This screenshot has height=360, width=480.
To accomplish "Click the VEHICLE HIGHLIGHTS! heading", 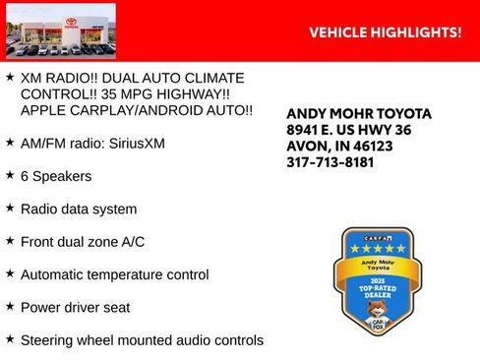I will pyautogui.click(x=385, y=32).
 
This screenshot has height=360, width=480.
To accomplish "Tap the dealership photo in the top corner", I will pyautogui.click(x=60, y=30).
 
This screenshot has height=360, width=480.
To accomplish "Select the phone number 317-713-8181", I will pyautogui.click(x=330, y=162).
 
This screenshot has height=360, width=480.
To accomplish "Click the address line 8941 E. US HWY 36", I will pyautogui.click(x=349, y=130).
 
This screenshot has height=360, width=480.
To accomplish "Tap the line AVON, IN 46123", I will pyautogui.click(x=339, y=146).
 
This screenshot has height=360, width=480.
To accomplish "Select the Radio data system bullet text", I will pyautogui.click(x=78, y=210).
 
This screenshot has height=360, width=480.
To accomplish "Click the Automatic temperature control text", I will pyautogui.click(x=114, y=275).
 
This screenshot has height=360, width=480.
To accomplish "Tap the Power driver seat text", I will pyautogui.click(x=75, y=308).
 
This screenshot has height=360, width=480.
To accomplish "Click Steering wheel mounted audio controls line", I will pyautogui.click(x=142, y=341).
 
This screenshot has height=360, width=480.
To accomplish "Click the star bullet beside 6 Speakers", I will pyautogui.click(x=10, y=175).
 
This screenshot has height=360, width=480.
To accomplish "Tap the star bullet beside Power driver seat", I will pyautogui.click(x=10, y=306).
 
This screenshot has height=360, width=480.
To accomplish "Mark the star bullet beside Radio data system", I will pyautogui.click(x=10, y=208).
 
